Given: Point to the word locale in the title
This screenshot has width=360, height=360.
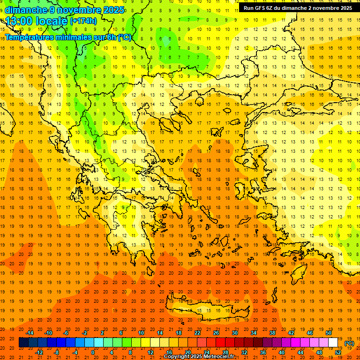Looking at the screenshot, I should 53,21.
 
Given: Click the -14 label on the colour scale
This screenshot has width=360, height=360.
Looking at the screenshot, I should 30,333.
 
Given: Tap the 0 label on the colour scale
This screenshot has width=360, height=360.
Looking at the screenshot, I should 93,352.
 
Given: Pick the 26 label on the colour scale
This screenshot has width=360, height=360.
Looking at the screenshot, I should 216,333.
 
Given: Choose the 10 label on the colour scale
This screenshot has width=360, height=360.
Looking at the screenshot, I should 141,333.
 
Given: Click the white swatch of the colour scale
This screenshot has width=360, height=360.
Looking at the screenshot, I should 333,343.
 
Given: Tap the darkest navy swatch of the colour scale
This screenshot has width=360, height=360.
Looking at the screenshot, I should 23,343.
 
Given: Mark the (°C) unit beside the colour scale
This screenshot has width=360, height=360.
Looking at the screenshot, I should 349,343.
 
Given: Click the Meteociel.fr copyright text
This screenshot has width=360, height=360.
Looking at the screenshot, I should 199,357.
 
